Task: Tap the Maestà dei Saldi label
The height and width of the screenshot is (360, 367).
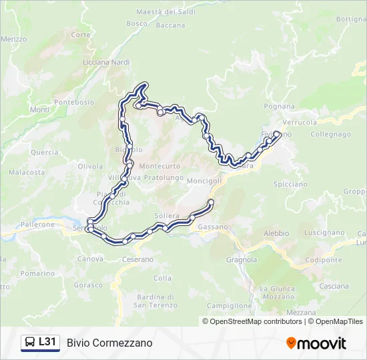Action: click(164, 12)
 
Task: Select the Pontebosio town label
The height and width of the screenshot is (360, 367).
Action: click(74, 102)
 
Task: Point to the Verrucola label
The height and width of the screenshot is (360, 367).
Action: click(300, 123)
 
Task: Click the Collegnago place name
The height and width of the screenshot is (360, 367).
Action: click(330, 134)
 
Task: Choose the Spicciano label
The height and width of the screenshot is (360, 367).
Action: click(290, 184)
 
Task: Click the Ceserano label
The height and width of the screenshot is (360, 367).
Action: click(137, 259)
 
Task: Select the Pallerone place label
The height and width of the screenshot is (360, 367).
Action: click(37, 225)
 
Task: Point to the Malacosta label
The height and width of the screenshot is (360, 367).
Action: click(27, 172)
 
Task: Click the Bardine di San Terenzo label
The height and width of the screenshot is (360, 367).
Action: click(155, 301)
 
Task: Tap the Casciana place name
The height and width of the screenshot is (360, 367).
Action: click(334, 285)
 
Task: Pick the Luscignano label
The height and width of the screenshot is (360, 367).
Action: click(324, 233)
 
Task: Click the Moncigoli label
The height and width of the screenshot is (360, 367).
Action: click(204, 181)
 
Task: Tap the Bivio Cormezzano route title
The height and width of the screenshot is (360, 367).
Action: click(109, 343)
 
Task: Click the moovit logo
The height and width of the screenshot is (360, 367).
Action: click(316, 343)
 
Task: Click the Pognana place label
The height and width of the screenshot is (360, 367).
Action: click(279, 106)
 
